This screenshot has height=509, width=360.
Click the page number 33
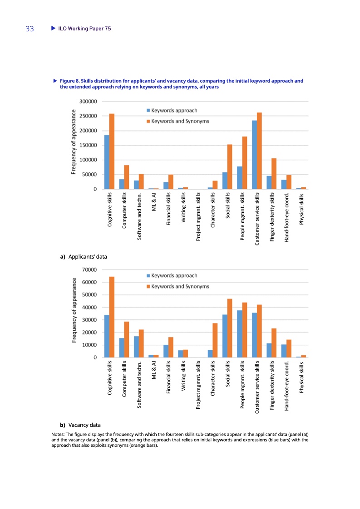tap(30, 29)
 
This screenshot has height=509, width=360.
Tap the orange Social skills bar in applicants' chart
tap(230, 166)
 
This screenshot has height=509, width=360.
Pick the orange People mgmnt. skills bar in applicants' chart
tap(245, 162)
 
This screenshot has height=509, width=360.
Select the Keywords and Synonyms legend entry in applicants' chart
tap(178, 121)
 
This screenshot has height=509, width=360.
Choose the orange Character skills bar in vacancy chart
tap(215, 340)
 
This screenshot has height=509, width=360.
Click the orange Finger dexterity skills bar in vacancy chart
tap(274, 343)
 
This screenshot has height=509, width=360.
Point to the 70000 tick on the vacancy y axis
tap(90, 270)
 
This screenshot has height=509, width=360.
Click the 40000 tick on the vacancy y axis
tap(90, 308)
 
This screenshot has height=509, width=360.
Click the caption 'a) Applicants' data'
tap(84, 257)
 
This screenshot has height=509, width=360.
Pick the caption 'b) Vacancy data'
tap(81, 425)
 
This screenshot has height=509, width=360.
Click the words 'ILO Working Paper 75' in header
tap(84, 29)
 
